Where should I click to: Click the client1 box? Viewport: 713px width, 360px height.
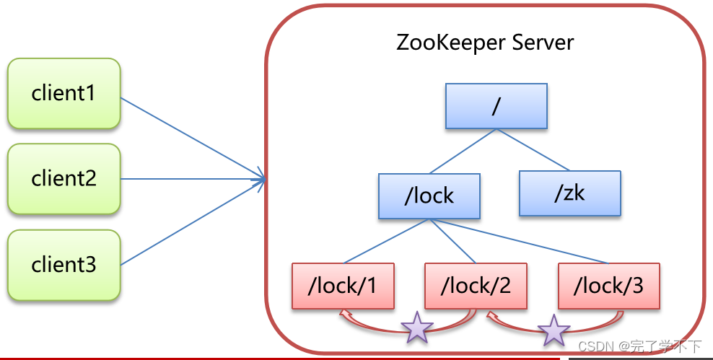click(64, 93)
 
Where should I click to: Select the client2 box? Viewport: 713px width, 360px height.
click(64, 179)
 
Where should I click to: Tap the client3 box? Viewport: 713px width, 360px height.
click(64, 265)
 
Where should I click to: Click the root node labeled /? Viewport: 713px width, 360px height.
click(496, 106)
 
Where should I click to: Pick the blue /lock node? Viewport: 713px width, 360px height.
click(429, 196)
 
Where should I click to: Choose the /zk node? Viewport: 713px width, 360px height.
click(570, 193)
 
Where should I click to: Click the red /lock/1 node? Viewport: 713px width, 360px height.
click(343, 286)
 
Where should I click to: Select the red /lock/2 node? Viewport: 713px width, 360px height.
click(476, 286)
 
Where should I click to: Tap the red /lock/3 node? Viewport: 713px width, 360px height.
click(609, 286)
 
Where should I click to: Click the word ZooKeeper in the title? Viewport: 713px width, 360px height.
click(450, 43)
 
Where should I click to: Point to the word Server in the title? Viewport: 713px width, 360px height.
click(543, 43)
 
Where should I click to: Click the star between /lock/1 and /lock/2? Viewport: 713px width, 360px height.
click(417, 328)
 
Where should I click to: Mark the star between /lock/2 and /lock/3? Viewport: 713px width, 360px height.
click(554, 330)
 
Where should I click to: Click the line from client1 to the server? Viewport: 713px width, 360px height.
click(193, 139)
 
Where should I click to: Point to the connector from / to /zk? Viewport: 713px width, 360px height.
click(533, 149)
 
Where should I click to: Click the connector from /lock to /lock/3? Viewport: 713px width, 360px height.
click(519, 241)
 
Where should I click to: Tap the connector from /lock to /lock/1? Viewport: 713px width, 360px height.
click(387, 241)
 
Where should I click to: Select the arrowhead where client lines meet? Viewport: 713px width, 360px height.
click(260, 180)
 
